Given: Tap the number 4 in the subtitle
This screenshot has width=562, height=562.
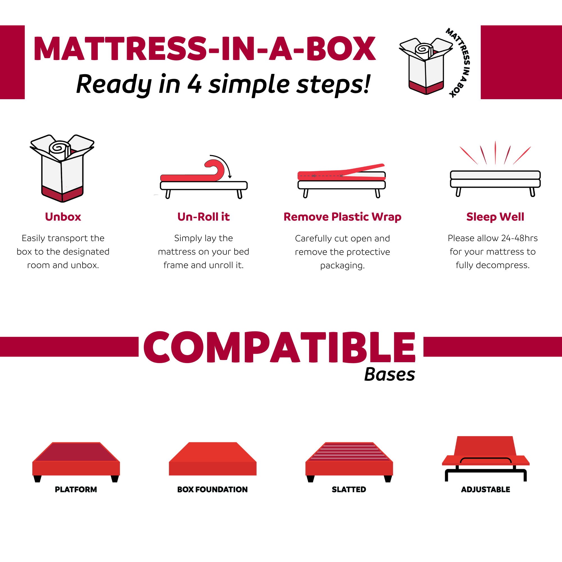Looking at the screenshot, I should (194, 84).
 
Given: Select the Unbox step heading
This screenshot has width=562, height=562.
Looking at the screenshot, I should (63, 217).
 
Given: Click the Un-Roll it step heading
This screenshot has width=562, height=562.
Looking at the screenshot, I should (203, 217).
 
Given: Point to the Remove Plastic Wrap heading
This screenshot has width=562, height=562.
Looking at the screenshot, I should (342, 217).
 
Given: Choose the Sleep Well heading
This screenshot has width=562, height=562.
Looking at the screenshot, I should (495, 217).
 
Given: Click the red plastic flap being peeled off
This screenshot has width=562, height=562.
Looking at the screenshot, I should (364, 168).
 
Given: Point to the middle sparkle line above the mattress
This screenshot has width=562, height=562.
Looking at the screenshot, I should (495, 153).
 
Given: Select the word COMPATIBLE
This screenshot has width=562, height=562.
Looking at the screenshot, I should (279, 347).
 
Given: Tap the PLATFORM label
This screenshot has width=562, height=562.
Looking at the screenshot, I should (76, 490).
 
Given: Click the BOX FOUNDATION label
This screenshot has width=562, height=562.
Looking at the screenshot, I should (212, 490).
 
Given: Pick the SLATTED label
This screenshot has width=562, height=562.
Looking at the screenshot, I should (349, 490).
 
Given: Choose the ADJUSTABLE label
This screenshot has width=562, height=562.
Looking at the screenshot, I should (486, 490).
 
